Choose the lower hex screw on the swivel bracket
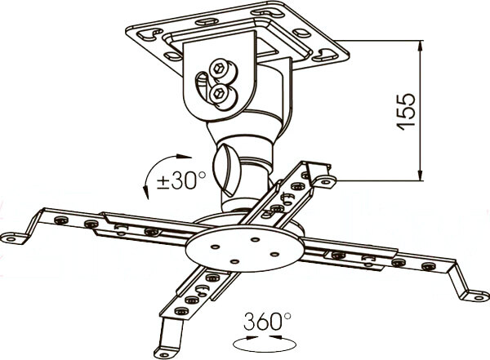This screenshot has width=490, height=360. point(218,95)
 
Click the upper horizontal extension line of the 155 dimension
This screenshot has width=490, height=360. point(384,43)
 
